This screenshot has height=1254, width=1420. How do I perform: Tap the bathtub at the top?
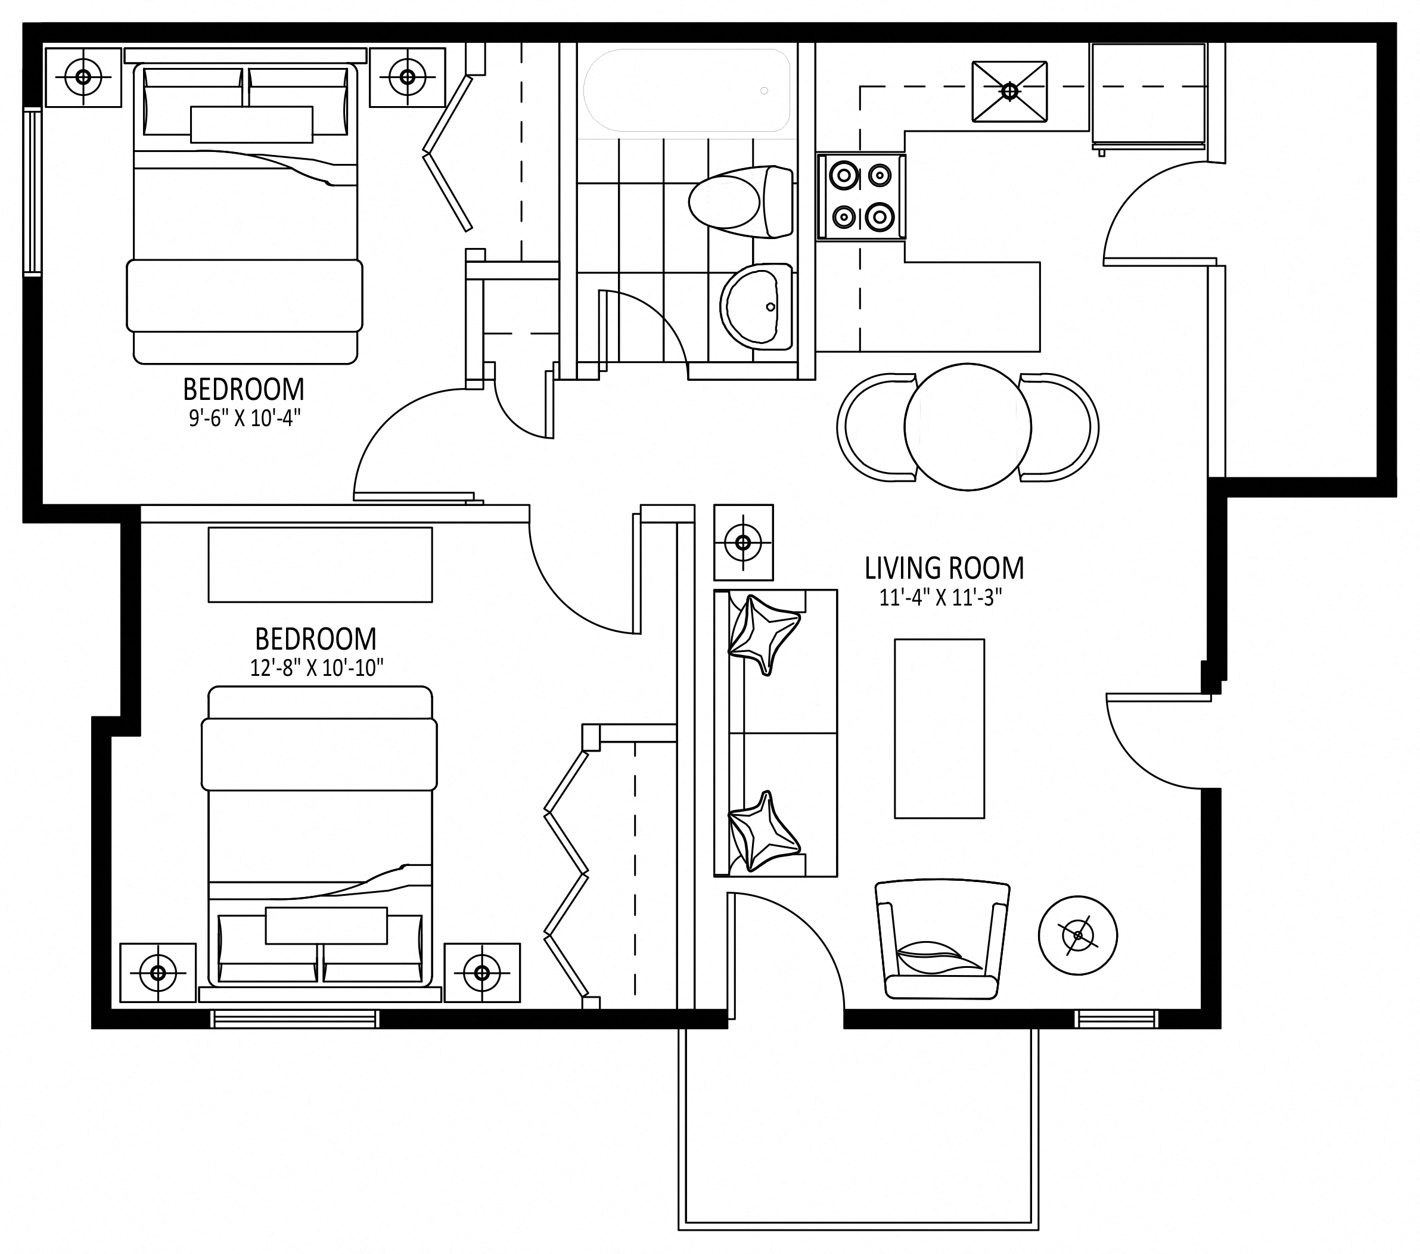click(x=686, y=91)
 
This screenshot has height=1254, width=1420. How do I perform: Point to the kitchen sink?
click(x=1009, y=91)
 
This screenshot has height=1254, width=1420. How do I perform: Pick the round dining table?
click(x=968, y=427)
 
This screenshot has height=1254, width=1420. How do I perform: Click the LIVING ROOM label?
click(x=944, y=569)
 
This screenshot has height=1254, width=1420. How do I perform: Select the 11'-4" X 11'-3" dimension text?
click(x=941, y=597)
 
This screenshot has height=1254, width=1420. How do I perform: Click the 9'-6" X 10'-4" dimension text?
click(x=244, y=419)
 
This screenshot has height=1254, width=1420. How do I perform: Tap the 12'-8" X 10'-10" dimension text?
click(x=317, y=668)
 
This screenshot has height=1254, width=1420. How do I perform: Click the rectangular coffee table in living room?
click(x=939, y=729)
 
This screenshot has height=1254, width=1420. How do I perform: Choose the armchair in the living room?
click(x=942, y=940)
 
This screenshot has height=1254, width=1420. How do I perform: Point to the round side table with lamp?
click(x=1078, y=936)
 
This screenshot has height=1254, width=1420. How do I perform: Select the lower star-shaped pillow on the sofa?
click(x=762, y=831)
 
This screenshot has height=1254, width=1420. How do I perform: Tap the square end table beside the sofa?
click(x=743, y=542)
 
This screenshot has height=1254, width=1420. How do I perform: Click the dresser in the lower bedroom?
click(x=320, y=565)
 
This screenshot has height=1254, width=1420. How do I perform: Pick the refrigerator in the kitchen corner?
click(x=1148, y=96)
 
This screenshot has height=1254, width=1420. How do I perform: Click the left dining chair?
click(x=877, y=427)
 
